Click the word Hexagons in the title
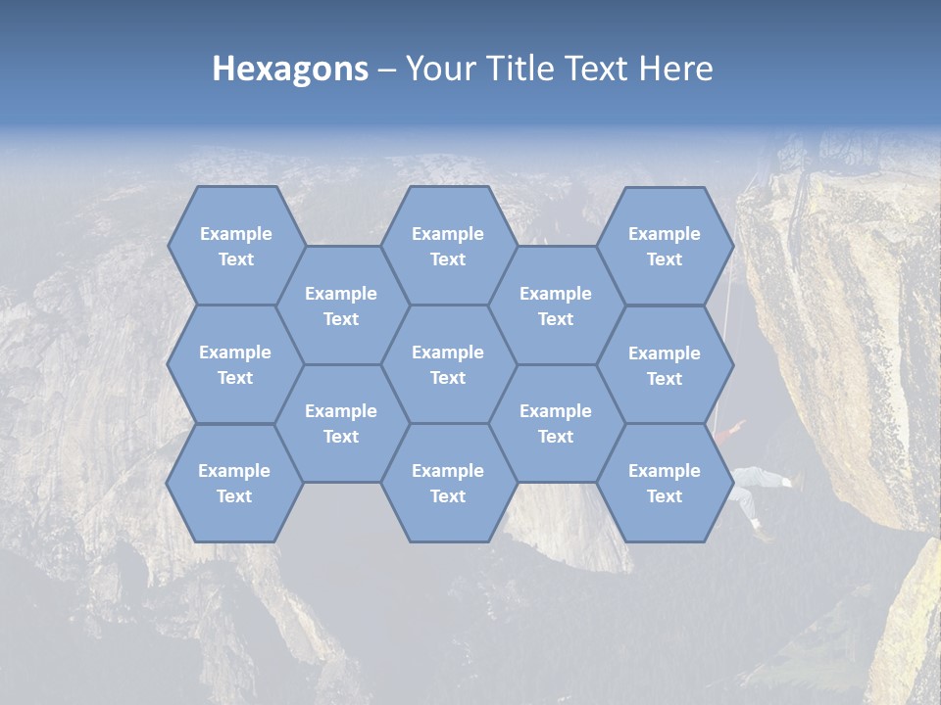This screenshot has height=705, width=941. click(290, 69)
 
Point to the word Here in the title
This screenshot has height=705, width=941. click(676, 69)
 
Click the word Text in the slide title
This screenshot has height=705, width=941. click(599, 69)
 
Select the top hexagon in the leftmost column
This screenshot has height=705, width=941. click(235, 246)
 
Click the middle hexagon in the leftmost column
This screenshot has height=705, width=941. click(235, 364)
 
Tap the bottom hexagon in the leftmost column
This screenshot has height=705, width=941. click(234, 483)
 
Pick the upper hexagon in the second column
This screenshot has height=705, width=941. click(341, 305)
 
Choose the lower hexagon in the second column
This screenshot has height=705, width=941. click(341, 423)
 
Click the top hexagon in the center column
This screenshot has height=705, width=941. click(448, 246)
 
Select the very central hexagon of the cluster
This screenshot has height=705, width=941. click(448, 364)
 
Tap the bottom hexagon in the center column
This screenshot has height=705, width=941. click(448, 483)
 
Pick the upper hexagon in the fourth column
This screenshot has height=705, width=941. click(556, 305)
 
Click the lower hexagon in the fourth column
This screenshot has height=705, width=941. click(556, 423)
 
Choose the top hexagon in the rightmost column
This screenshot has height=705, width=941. click(665, 246)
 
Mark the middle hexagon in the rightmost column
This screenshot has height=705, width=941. click(665, 365)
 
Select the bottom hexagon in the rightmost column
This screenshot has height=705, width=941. click(665, 483)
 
